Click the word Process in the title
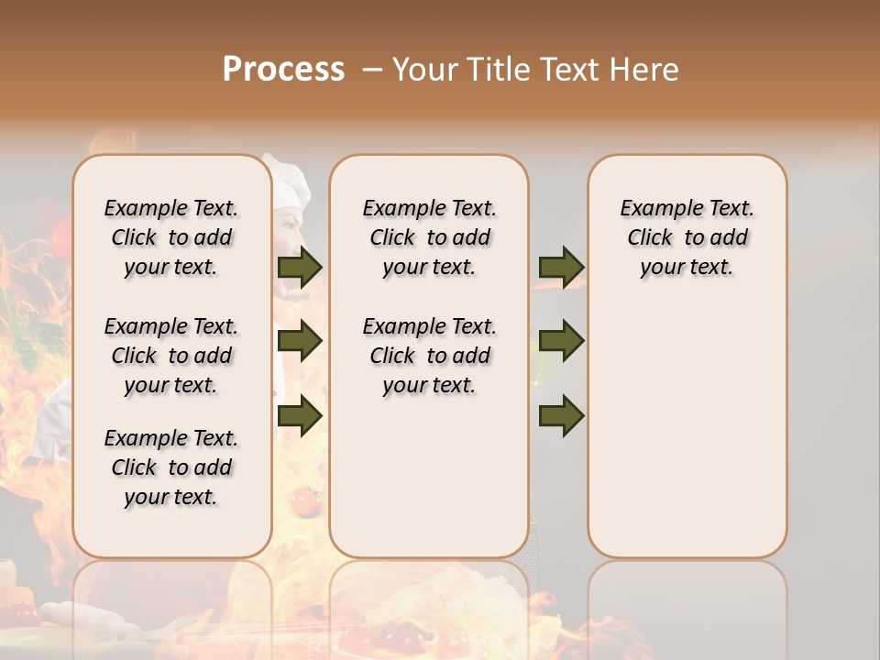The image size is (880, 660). [283, 69]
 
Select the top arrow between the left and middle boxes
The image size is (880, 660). [300, 267]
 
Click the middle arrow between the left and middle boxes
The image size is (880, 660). [300, 341]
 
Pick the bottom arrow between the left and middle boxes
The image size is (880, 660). [300, 416]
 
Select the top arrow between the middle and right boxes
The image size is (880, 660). [561, 267]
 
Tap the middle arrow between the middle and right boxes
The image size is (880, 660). [561, 341]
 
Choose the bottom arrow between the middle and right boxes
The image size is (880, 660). [561, 416]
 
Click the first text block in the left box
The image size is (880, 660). [171, 237]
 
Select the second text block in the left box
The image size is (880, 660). [171, 356]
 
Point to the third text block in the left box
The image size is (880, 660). [171, 467]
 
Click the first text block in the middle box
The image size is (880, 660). [429, 237]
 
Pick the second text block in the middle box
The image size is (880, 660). [429, 356]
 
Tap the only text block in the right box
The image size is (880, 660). [687, 237]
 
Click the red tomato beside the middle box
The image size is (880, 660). [303, 500]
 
